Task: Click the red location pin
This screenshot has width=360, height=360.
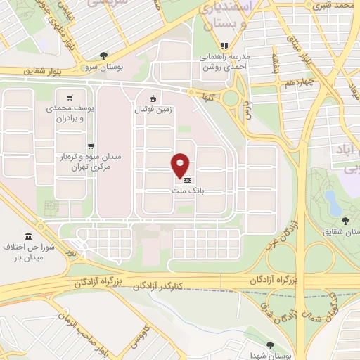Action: (181, 165)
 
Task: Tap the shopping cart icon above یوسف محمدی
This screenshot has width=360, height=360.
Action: (68, 98)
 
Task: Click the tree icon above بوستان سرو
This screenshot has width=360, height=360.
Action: (104, 55)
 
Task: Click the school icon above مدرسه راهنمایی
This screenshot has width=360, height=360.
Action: (225, 46)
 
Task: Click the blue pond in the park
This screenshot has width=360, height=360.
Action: (335, 208)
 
